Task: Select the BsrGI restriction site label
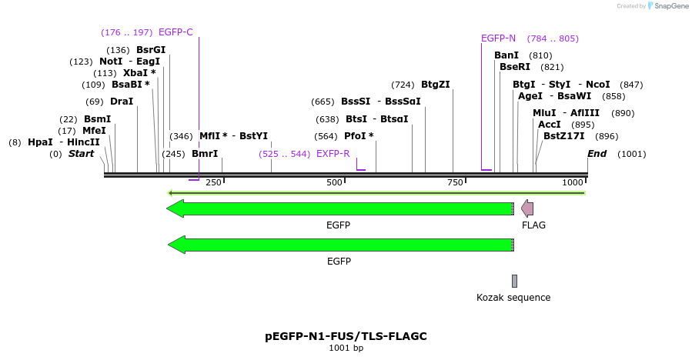tap(151, 50)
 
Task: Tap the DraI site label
tap(122, 101)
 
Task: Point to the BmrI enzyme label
tap(205, 154)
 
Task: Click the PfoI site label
tap(359, 136)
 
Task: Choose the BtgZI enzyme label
tap(435, 85)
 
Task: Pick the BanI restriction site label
tap(506, 55)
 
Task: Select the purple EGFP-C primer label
tap(176, 32)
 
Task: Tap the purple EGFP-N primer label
tap(498, 38)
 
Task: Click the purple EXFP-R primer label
tap(333, 154)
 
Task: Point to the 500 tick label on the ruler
tap(334, 182)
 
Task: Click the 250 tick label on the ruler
tap(213, 182)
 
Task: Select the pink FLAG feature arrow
tap(527, 208)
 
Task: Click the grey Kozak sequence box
tap(514, 281)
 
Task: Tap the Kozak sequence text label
tap(513, 298)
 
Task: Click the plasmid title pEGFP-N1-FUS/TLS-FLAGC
tap(346, 336)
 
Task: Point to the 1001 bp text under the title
tap(346, 348)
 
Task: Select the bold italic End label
tap(597, 154)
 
